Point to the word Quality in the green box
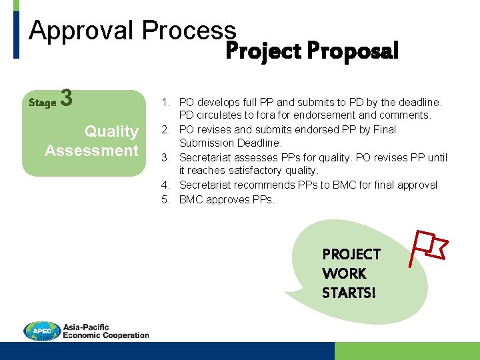111,131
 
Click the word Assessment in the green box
91,151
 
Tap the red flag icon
427,247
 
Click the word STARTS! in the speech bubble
349,293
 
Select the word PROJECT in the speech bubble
351,254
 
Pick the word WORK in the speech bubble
344,273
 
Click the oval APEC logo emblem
42,331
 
